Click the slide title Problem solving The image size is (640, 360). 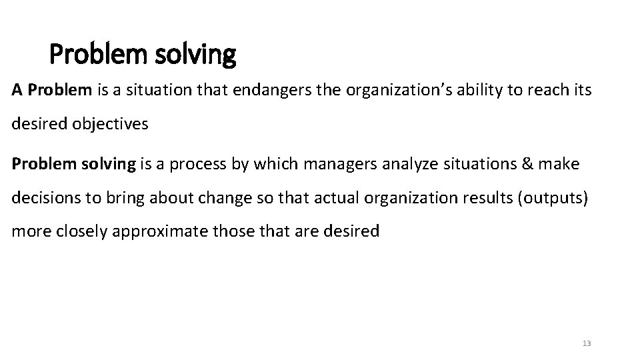click(x=143, y=55)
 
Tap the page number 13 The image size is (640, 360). click(x=587, y=343)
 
